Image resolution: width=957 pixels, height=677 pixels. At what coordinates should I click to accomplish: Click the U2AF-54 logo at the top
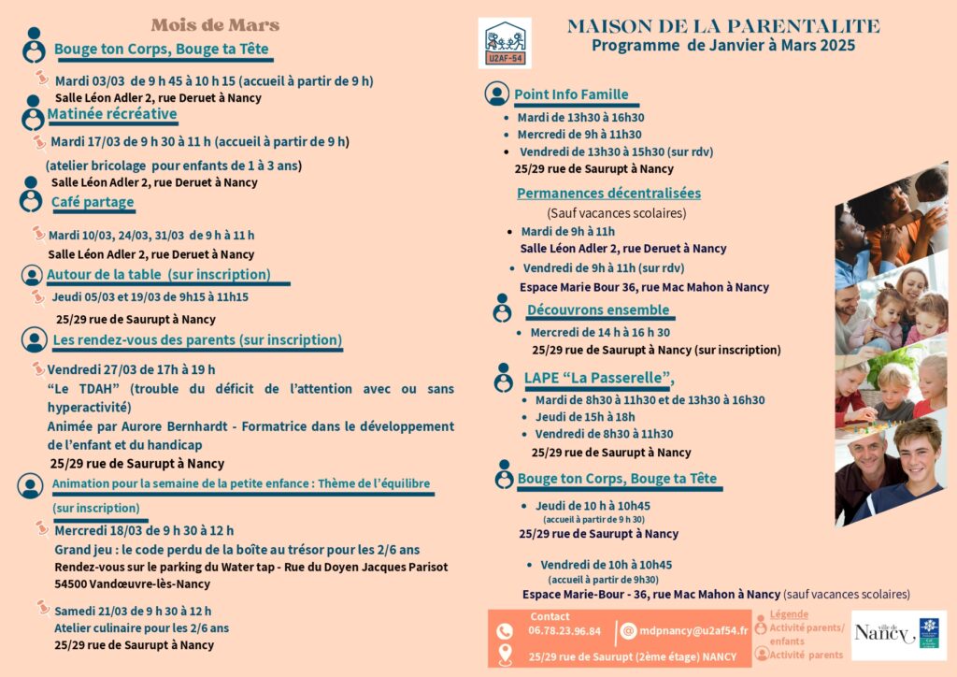[505, 43]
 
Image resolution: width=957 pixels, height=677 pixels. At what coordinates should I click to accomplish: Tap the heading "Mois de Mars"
[215, 25]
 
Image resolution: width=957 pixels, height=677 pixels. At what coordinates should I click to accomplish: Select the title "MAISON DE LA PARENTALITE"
[723, 26]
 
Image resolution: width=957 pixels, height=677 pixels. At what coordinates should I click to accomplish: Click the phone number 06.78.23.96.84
[565, 631]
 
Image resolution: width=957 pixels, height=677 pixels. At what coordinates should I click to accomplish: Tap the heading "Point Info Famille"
[571, 94]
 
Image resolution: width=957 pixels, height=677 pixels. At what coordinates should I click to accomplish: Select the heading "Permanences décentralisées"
[608, 194]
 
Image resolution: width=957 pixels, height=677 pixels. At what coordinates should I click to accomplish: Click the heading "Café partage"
[93, 202]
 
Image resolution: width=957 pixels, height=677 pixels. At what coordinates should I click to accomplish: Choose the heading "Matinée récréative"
[112, 114]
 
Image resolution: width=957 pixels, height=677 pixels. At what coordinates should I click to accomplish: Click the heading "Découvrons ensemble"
[598, 310]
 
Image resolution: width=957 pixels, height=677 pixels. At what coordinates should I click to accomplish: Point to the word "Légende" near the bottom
[789, 615]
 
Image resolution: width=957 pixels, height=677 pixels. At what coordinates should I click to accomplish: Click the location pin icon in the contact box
[506, 655]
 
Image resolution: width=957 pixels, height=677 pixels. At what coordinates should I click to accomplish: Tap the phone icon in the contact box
[506, 631]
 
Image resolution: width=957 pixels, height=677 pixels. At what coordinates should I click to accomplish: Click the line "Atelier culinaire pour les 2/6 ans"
[141, 628]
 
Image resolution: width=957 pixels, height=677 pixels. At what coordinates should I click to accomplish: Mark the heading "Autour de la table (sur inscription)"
[159, 275]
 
